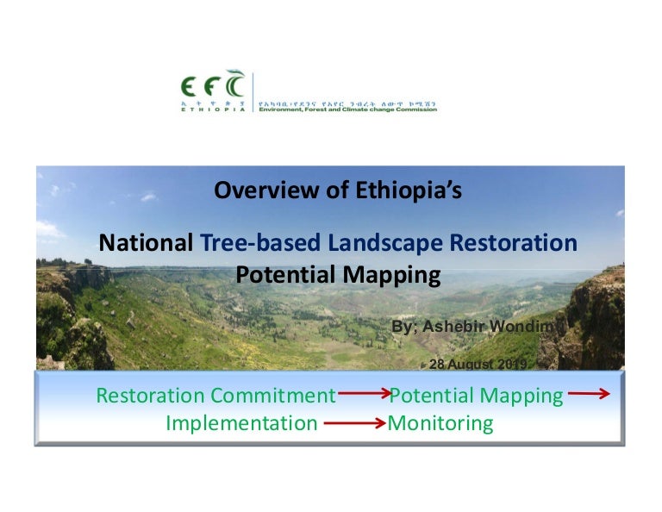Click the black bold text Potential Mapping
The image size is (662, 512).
[x=338, y=275]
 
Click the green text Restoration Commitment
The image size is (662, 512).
[x=215, y=396]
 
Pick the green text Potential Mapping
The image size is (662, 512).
[x=477, y=396]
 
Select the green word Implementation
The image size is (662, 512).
[x=241, y=423]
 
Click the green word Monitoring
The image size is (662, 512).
[x=440, y=423]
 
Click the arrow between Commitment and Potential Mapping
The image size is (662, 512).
[x=363, y=396]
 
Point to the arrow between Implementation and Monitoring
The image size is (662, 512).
[x=353, y=423]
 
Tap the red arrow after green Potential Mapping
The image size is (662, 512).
[x=589, y=395]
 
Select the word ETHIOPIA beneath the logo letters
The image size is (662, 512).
[x=212, y=109]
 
